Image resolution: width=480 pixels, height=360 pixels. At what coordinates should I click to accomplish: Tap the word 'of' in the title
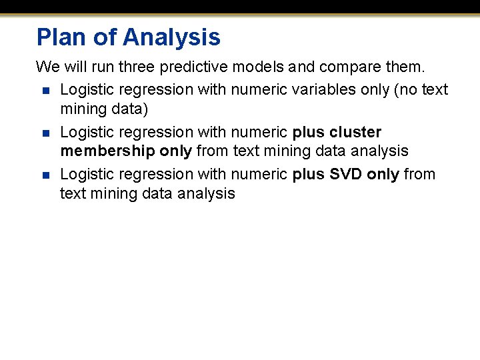point(105,37)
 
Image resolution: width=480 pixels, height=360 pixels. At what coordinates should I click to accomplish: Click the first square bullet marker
point(45,90)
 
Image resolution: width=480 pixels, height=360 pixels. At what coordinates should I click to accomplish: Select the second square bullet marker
point(45,133)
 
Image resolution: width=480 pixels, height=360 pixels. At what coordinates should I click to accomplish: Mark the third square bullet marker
point(45,175)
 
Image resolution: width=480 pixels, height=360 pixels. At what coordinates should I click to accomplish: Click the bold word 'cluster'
point(355,132)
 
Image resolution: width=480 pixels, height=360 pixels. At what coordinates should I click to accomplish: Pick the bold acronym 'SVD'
point(346,175)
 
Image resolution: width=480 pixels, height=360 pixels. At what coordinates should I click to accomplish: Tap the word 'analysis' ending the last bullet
point(207,193)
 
